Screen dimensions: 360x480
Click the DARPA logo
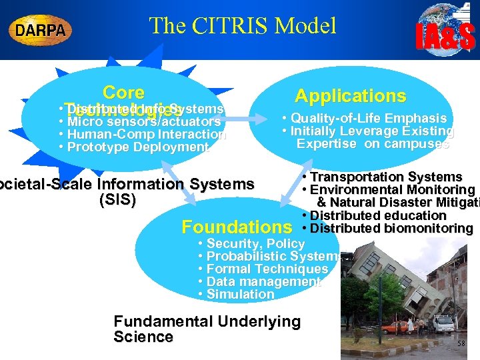pos(41,29)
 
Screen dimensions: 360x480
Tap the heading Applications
pos(350,96)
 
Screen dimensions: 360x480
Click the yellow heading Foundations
pos(237,227)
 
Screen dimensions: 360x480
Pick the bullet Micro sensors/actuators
pos(140,122)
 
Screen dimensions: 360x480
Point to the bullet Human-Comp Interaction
pos(143,135)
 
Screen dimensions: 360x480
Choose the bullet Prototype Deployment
pos(134,147)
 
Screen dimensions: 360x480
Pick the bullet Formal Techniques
pos(263,269)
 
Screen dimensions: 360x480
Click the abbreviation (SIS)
pos(117,199)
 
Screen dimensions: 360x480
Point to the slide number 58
pos(462,343)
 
